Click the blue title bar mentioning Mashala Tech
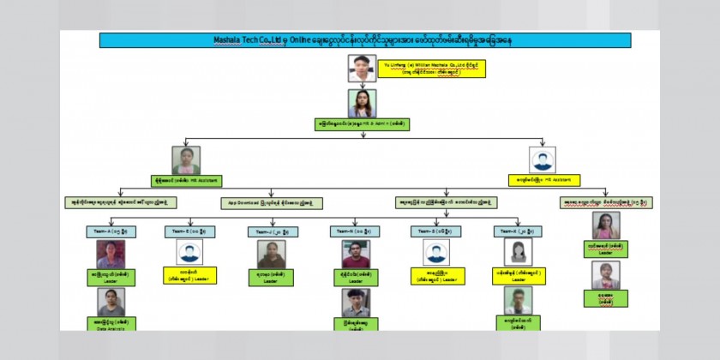click(x=365, y=40)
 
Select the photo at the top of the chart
click(x=362, y=68)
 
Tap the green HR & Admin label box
click(x=362, y=123)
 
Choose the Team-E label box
click(x=189, y=231)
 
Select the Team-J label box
click(x=273, y=231)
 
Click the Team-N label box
click(x=355, y=231)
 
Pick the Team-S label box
click(x=435, y=231)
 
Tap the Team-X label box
click(x=519, y=231)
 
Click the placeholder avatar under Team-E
click(x=189, y=252)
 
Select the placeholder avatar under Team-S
click(x=436, y=252)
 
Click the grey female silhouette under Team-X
click(x=519, y=252)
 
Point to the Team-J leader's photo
click(x=272, y=254)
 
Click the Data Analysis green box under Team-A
click(x=111, y=324)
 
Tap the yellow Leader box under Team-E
click(x=189, y=275)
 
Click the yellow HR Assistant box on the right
click(x=543, y=181)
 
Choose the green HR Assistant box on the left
click(x=186, y=181)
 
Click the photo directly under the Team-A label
click(x=111, y=254)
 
